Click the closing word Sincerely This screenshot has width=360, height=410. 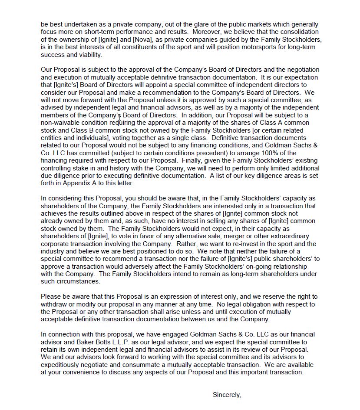226,395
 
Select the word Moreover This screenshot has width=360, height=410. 207,32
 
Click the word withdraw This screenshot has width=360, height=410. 54,304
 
